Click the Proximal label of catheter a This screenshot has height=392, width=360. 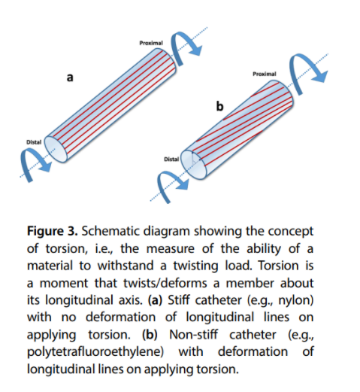151,43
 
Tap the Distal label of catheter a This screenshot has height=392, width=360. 34,142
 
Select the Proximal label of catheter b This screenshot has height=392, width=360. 265,74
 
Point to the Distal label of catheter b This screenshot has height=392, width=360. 171,159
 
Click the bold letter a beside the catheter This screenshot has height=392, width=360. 70,77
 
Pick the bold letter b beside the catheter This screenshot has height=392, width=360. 219,106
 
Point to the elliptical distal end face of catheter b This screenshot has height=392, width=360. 194,164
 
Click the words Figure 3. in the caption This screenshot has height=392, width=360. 53,231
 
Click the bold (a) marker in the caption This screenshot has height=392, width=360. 156,299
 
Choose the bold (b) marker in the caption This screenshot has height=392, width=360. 150,334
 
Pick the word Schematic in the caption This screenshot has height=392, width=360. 110,231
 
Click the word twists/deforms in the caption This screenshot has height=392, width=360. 165,283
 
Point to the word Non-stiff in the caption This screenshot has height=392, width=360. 194,334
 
